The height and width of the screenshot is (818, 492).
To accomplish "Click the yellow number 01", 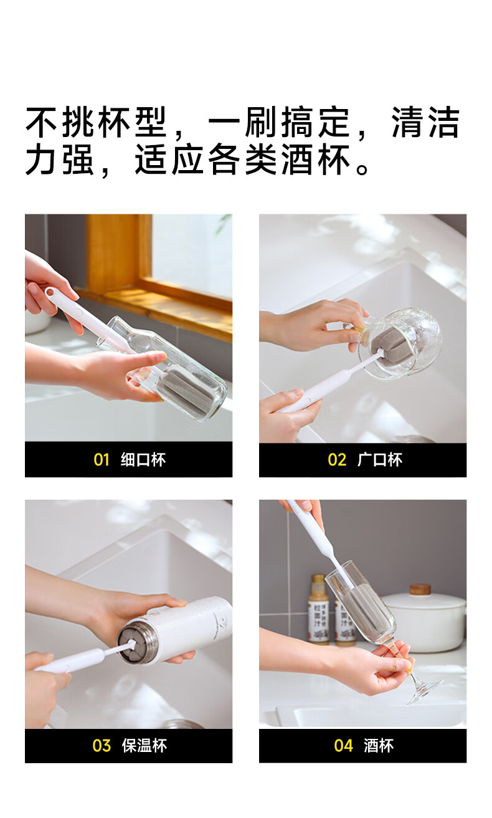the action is pyautogui.click(x=102, y=460).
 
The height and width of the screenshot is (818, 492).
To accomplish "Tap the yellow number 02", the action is pyautogui.click(x=337, y=460).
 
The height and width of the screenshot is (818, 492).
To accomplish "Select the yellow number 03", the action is pyautogui.click(x=102, y=746).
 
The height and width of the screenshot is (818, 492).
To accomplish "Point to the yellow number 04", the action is pyautogui.click(x=343, y=746).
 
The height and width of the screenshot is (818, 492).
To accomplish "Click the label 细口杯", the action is pyautogui.click(x=143, y=460).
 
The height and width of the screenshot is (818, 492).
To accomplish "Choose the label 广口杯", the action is pyautogui.click(x=380, y=460).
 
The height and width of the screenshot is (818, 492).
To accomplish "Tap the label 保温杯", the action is pyautogui.click(x=144, y=746).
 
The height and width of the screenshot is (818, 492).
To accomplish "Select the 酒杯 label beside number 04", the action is pyautogui.click(x=379, y=746).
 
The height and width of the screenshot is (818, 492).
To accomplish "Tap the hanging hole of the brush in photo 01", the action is pyautogui.click(x=49, y=291).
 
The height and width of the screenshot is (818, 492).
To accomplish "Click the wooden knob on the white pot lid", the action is pyautogui.click(x=420, y=589).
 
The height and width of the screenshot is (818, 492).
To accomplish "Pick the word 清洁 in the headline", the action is pyautogui.click(x=425, y=123).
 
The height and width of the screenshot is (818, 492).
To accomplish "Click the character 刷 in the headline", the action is pyautogui.click(x=260, y=123).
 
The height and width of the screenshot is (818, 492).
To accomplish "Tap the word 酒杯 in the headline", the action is pyautogui.click(x=316, y=159).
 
